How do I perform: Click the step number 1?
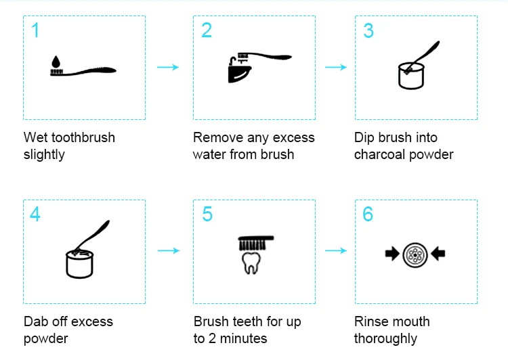point(35,30)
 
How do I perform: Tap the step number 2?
point(207,30)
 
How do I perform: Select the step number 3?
point(368,30)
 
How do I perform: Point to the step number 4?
point(35,214)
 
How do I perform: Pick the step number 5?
point(207,214)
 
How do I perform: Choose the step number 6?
point(368,214)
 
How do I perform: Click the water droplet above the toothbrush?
point(56,62)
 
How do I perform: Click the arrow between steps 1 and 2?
point(168,67)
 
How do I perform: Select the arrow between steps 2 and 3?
point(335,67)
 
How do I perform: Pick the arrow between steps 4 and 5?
point(168,250)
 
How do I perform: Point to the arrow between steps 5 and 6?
point(335,250)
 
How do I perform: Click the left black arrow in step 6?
point(391,254)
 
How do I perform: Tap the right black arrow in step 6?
point(438,254)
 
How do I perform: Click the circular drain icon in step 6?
point(415,254)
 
